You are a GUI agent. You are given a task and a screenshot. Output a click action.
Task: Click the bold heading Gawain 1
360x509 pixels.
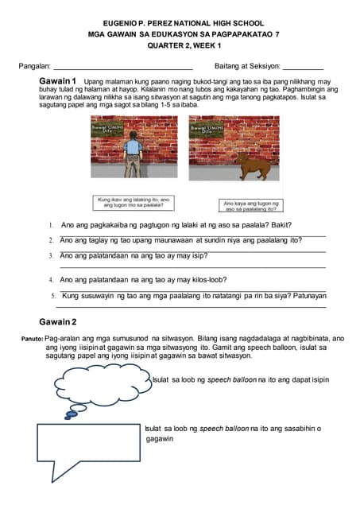[x=57, y=82]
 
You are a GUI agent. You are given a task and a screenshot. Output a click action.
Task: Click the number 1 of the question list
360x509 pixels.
[x=51, y=226]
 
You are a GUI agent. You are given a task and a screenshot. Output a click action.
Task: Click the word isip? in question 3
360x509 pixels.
[x=199, y=255]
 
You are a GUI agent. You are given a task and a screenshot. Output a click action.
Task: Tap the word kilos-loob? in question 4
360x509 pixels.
[x=209, y=280]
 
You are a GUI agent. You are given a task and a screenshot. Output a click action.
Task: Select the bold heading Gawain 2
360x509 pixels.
[x=57, y=322]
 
